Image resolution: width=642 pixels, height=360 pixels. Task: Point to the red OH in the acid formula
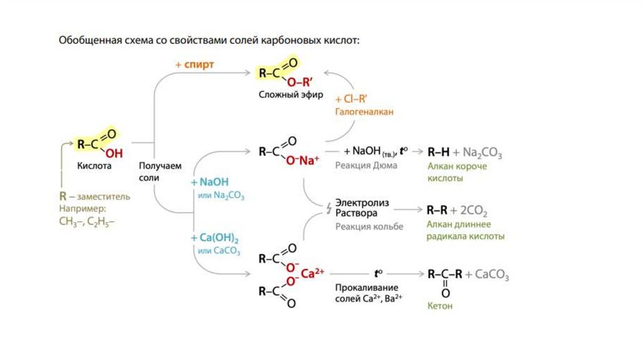point(113,152)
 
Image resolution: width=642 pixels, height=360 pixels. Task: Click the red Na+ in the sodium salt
point(307,161)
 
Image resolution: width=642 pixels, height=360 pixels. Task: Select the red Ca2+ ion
point(312,273)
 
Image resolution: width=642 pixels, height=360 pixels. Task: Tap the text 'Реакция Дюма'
point(366,165)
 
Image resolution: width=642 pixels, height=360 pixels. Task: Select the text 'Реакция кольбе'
point(369,226)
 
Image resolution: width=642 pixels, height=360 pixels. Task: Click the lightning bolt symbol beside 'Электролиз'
point(327,208)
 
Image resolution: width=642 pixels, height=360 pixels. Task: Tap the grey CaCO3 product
point(492,275)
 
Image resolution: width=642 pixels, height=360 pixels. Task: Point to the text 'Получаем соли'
point(160,171)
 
